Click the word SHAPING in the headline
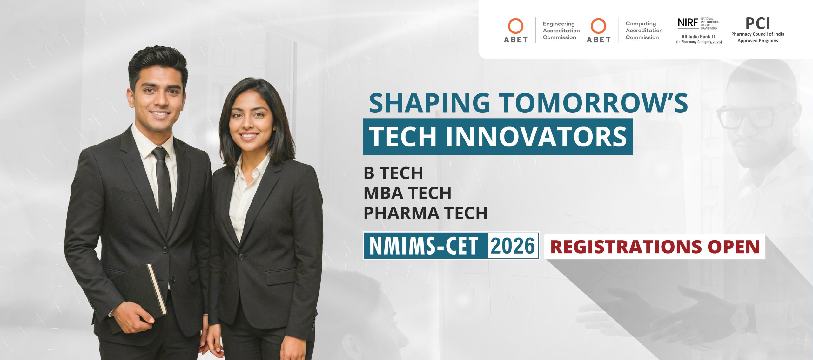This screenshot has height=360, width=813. pyautogui.click(x=430, y=103)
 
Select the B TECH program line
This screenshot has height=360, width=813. pyautogui.click(x=393, y=173)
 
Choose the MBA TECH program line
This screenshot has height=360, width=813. pyautogui.click(x=407, y=193)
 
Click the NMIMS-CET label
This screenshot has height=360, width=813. pyautogui.click(x=424, y=246)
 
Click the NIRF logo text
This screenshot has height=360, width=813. pyautogui.click(x=688, y=23)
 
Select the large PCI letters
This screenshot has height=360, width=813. pyautogui.click(x=758, y=24)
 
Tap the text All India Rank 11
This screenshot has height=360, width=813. pyautogui.click(x=699, y=37)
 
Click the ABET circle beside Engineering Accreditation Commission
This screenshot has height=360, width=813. pyautogui.click(x=516, y=26)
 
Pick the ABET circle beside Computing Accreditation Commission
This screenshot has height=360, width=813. pyautogui.click(x=598, y=26)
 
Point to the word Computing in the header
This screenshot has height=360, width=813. pyautogui.click(x=641, y=24)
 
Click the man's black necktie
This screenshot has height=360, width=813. pyautogui.click(x=163, y=187)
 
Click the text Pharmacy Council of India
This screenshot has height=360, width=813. pyautogui.click(x=758, y=34)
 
